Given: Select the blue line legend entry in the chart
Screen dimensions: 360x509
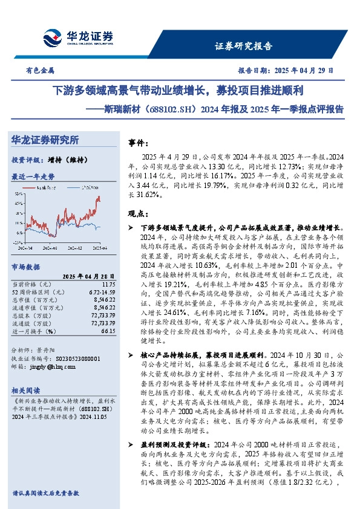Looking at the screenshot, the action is tap(84, 188).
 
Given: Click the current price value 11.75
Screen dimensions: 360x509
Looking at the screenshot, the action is tap(108, 284).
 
